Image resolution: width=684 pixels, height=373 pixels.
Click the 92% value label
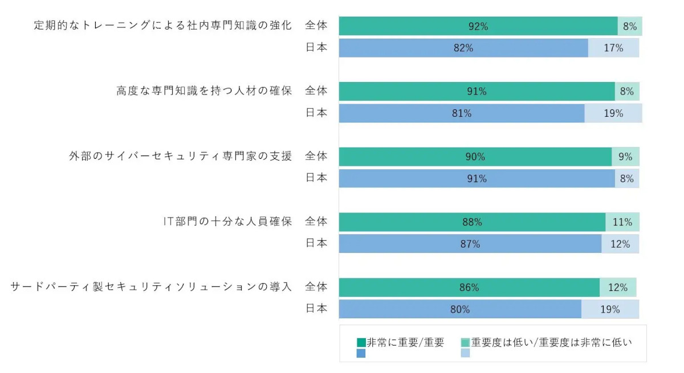click(x=478, y=26)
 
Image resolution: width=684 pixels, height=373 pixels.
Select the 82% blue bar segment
click(x=463, y=48)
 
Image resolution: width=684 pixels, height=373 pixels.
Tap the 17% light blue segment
click(x=613, y=48)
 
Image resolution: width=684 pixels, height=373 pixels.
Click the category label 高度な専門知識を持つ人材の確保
click(x=204, y=91)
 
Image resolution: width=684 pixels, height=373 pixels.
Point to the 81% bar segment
click(x=461, y=113)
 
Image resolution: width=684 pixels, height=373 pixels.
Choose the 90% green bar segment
click(x=475, y=157)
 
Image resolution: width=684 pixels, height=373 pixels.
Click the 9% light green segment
click(x=625, y=157)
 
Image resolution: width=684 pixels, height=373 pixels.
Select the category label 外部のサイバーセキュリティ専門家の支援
click(x=180, y=157)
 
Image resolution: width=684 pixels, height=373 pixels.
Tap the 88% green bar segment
click(x=472, y=222)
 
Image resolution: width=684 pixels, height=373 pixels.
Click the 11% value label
click(x=622, y=222)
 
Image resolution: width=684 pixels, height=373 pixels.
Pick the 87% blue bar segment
click(x=470, y=244)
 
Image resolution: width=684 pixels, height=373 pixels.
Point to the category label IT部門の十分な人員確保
click(x=227, y=222)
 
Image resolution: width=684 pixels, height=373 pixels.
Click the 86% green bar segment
click(x=469, y=288)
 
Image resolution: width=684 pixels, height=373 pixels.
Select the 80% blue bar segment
click(x=459, y=309)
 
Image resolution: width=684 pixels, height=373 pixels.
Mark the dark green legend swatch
click(x=361, y=343)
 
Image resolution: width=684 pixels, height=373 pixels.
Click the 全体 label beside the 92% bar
click(x=316, y=26)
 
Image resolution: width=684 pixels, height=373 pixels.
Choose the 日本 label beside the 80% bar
click(x=316, y=309)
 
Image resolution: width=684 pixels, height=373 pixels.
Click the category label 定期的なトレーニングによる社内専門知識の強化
click(x=163, y=26)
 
